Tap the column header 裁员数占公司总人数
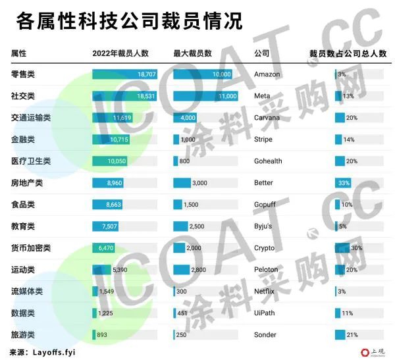click(348, 53)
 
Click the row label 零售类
click(24, 74)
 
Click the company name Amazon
click(267, 74)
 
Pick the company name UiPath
click(265, 313)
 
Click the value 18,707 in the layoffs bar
click(146, 74)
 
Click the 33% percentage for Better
click(343, 183)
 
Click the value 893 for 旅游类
click(102, 335)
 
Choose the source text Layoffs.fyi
click(54, 353)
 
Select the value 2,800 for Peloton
click(197, 270)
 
